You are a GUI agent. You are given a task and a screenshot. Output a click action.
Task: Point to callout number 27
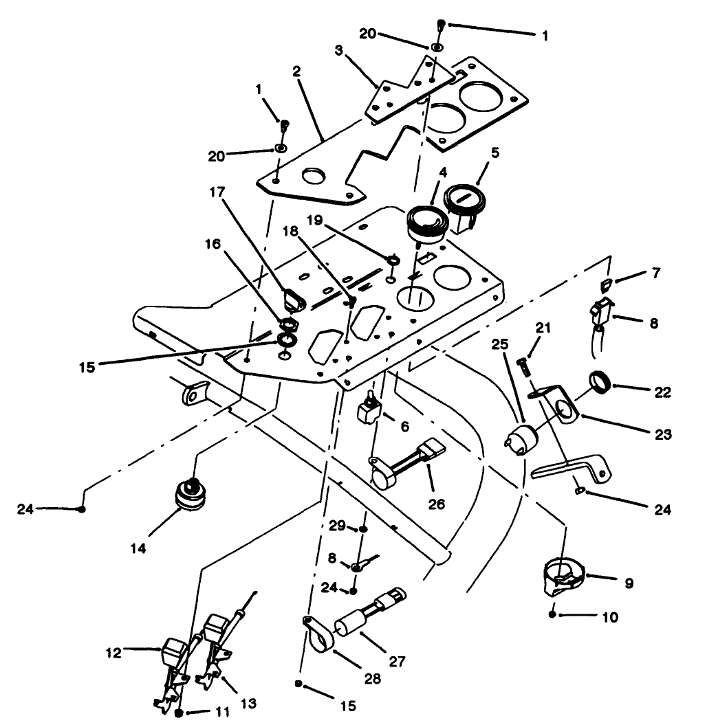[x=398, y=662]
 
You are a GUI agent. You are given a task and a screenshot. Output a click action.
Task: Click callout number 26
[x=437, y=504]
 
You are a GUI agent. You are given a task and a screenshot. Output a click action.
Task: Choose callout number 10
[x=611, y=618]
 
